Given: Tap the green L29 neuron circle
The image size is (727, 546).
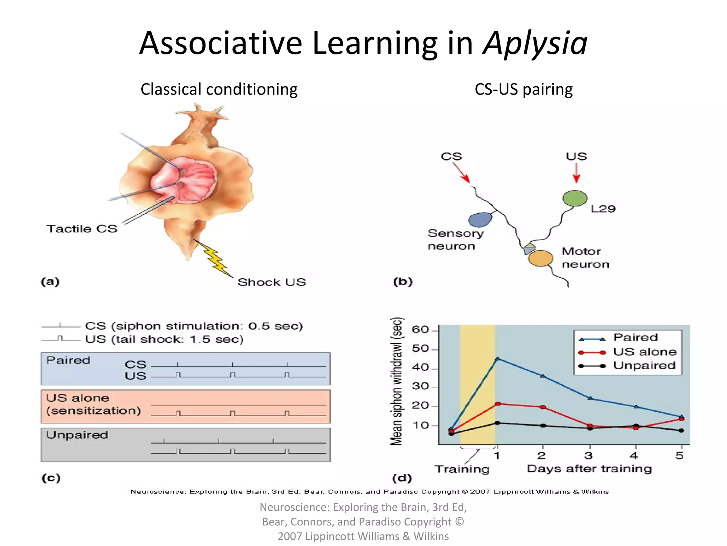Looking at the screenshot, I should point(574,198).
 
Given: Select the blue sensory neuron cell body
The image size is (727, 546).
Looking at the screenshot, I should point(480,219).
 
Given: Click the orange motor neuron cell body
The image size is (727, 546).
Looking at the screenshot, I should point(540,258).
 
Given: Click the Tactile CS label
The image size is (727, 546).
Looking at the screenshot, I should point(82,229).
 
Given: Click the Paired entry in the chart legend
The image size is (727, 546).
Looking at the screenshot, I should point(635,337).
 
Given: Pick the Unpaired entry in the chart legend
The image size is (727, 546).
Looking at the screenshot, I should point(644,365).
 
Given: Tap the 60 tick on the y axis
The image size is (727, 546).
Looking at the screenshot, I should point(420,330).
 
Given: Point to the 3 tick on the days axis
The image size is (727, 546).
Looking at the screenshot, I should point(589,455).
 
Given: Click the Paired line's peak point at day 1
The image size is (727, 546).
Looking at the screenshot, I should point(498,359).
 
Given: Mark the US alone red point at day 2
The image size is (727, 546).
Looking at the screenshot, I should point(543,407).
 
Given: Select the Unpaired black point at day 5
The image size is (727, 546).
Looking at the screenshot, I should point(681,430).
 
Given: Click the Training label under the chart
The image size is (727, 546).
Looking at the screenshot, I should point(462,469).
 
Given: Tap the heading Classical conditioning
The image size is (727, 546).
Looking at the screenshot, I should point(219,89).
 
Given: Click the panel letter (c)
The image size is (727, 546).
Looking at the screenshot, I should point(51,477).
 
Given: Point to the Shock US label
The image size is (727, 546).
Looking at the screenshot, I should point(272,282).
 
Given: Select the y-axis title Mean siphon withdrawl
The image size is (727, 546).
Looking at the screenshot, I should point(397,381).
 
